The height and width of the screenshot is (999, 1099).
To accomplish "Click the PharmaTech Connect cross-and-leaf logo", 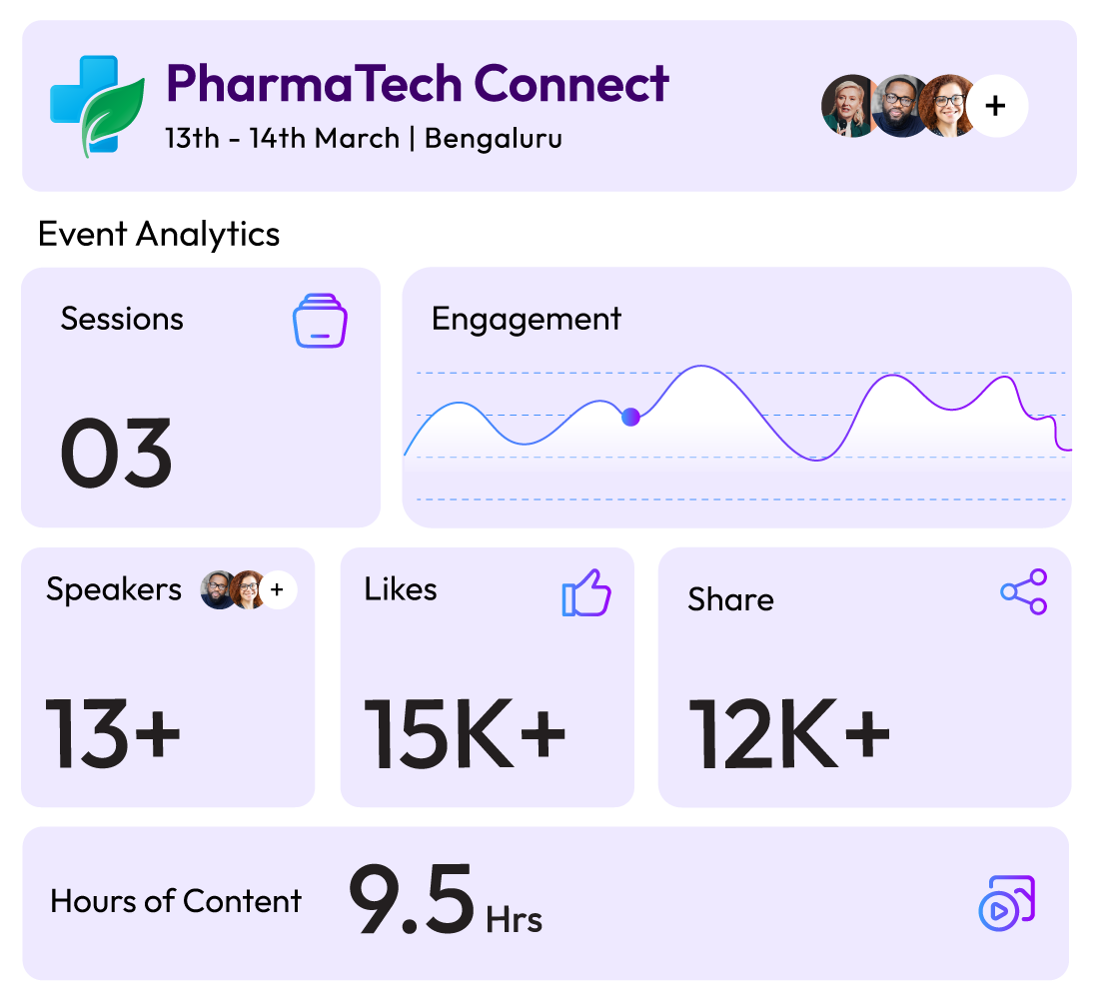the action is (x=97, y=106).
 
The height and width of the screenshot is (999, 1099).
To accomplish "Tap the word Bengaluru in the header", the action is (x=494, y=139).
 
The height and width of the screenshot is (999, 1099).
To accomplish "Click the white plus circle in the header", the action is (x=997, y=106).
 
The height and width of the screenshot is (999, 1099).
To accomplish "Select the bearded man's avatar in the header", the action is (x=900, y=106).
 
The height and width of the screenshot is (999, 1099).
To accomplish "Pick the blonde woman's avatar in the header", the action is (x=849, y=106).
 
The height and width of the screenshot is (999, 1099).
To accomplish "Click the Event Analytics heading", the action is (x=159, y=234).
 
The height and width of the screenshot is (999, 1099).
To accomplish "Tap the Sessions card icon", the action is (x=320, y=321).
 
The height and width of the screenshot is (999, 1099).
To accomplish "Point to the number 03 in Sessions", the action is (x=116, y=453).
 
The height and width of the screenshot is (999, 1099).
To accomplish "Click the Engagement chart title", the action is (x=527, y=320).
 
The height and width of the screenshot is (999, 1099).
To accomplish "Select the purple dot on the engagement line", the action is (x=630, y=418).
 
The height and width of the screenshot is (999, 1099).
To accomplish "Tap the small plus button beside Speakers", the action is (x=278, y=589).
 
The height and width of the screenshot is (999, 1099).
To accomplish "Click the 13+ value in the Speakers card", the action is (x=113, y=733).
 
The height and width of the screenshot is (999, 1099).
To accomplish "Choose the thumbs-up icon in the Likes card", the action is (x=586, y=593).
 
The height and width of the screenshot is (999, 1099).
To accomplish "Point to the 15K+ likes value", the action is (x=465, y=733).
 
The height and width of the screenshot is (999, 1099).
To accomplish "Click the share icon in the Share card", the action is (x=1024, y=591).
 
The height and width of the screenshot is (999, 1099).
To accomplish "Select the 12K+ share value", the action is (x=790, y=733).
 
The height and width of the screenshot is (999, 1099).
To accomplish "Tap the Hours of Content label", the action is (x=176, y=901).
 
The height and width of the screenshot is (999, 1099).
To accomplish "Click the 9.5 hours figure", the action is (x=412, y=900).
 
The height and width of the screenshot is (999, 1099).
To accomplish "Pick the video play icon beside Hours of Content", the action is (x=1007, y=903).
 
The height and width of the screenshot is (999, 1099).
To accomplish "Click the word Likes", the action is (x=401, y=589).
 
